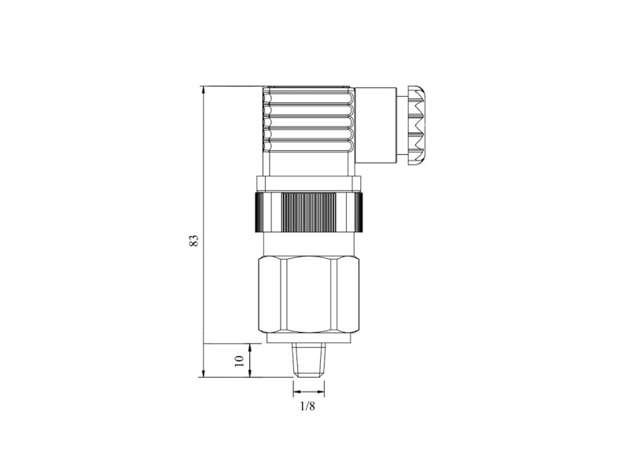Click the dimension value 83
(194, 241)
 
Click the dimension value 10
(239, 360)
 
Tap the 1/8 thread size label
(307, 407)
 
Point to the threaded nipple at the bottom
(308, 360)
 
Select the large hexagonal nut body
(309, 295)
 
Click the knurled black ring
(309, 212)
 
